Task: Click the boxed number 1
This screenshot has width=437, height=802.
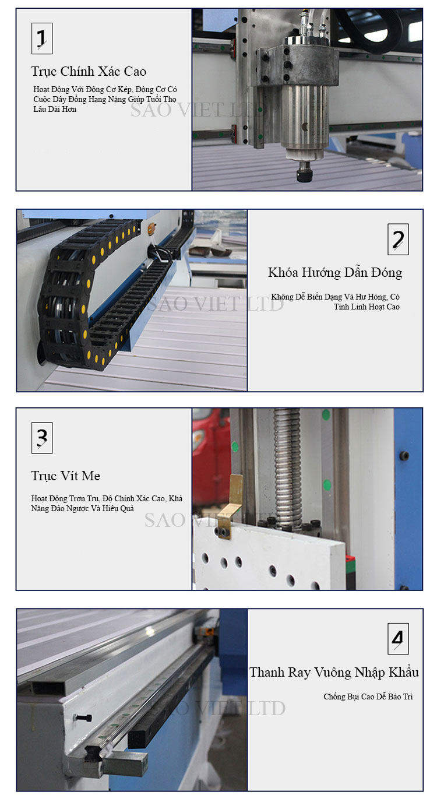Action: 42,38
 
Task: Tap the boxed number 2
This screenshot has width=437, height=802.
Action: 398,239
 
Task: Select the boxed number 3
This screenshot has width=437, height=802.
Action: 42,438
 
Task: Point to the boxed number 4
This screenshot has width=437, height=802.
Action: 398,638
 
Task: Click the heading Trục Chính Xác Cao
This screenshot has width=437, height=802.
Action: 89,72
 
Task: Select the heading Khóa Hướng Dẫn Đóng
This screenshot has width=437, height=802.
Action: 335,273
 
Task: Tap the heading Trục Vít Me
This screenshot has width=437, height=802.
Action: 65,476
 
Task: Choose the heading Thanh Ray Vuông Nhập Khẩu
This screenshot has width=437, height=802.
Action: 334,673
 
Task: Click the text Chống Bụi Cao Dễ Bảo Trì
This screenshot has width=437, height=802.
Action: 368,697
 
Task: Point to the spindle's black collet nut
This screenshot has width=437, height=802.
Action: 304,176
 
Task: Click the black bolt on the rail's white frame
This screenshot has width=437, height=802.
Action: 83,716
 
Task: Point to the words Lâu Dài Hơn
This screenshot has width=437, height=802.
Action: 55,109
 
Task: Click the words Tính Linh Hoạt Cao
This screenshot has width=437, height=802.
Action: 366,307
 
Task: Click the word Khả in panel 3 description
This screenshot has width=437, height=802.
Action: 175,498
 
